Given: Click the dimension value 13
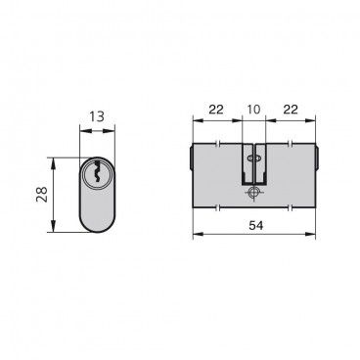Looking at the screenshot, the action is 97,116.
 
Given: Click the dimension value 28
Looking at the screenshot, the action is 42,195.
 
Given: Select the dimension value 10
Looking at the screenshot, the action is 254,110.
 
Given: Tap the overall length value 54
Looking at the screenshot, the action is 255,225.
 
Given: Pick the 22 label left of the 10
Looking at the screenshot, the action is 216,110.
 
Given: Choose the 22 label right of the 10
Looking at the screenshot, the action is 291,110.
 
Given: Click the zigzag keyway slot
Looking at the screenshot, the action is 97,171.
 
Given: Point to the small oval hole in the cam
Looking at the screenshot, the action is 252,158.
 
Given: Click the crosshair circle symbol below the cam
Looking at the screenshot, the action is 253,193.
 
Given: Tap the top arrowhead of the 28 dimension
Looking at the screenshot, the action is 53,162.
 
